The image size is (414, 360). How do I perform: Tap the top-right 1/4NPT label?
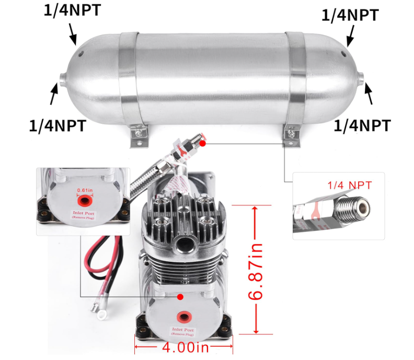pyautogui.click(x=350, y=15)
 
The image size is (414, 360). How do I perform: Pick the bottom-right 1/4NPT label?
pyautogui.click(x=362, y=125)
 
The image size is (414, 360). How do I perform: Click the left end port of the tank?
pyautogui.click(x=62, y=79)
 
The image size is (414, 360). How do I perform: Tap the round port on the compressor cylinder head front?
pyautogui.click(x=183, y=241)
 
